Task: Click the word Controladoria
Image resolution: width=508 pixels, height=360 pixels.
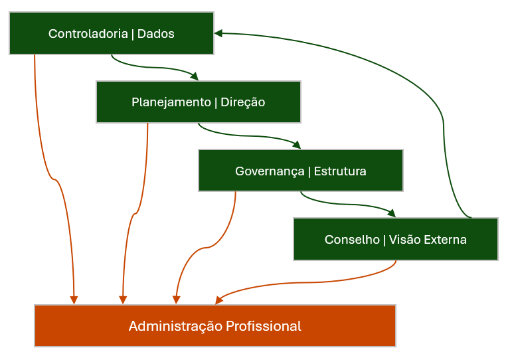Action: click(x=88, y=34)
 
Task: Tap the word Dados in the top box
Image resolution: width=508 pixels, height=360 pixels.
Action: click(x=155, y=34)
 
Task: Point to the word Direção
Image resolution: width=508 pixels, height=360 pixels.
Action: click(x=242, y=102)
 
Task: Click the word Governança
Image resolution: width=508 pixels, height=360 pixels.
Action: click(x=270, y=171)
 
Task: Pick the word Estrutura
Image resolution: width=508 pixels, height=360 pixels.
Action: click(x=339, y=171)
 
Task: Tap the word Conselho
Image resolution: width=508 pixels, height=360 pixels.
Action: click(x=351, y=240)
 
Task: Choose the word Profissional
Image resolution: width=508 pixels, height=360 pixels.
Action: click(x=263, y=326)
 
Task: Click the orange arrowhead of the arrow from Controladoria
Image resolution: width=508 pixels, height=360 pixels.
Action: click(x=74, y=300)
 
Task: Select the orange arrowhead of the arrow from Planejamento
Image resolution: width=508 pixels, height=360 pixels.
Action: click(x=122, y=300)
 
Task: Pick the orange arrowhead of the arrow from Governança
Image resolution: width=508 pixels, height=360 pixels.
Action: click(x=176, y=300)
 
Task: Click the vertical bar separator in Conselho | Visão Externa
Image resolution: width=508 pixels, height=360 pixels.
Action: click(x=384, y=240)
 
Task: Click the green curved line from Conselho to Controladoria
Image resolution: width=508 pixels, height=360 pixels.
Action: click(x=443, y=126)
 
